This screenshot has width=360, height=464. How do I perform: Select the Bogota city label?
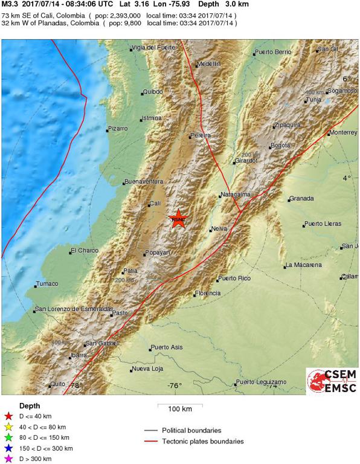tap(280, 145)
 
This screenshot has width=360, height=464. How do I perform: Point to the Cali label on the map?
tap(155, 204)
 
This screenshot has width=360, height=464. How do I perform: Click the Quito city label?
tap(58, 384)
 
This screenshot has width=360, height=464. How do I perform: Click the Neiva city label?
tap(219, 229)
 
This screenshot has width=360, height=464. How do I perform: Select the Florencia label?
tap(208, 294)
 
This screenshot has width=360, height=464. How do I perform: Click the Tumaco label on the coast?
tap(47, 283)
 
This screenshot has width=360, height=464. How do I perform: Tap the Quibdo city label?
tap(152, 92)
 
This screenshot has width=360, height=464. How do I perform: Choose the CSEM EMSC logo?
tap(332, 382)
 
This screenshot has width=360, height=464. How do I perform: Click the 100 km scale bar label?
tap(180, 409)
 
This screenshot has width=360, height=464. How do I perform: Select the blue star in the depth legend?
tap(8, 448)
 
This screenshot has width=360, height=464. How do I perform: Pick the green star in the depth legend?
tap(8, 437)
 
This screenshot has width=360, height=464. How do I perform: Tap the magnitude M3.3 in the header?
tap(10, 4)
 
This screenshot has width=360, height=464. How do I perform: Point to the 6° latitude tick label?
tap(347, 79)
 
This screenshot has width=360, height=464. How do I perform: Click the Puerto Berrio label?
tap(274, 53)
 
